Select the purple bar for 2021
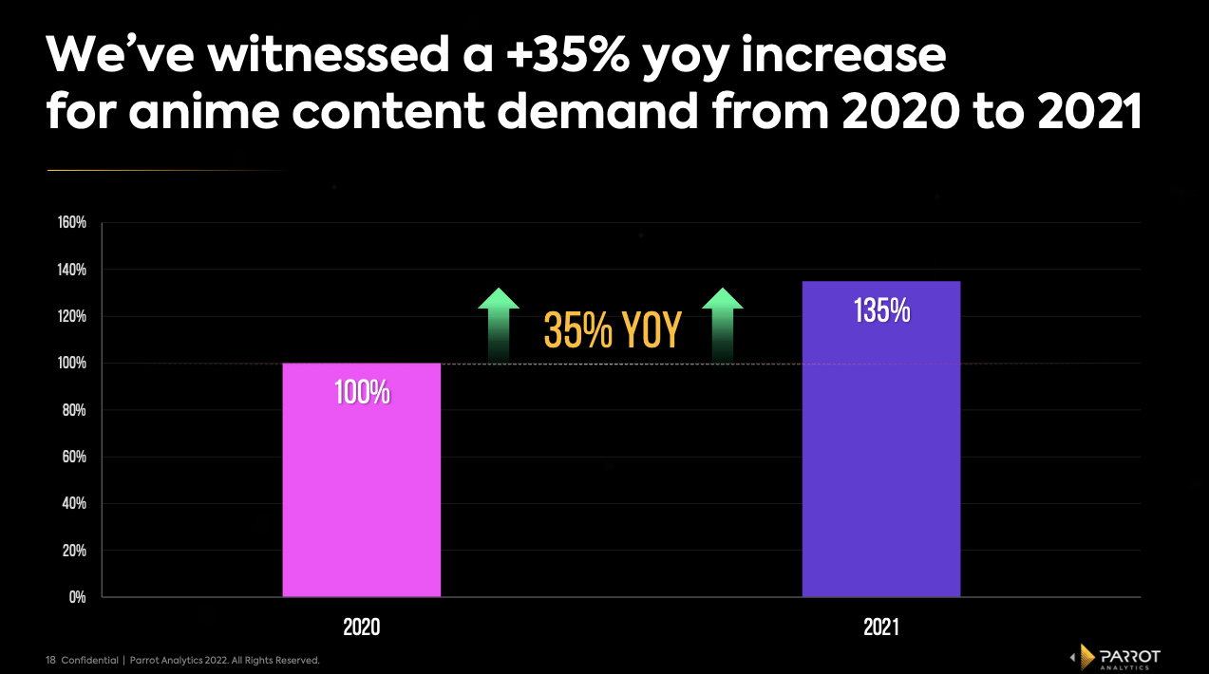point(881,456)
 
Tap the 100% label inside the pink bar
point(362,393)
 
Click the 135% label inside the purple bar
point(881,311)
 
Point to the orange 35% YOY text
point(612,330)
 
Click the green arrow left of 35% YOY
point(499,323)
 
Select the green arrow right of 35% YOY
point(722,323)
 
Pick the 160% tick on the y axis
point(71,223)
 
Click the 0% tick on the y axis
point(77,597)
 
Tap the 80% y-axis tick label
point(74,410)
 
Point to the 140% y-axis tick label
point(71,270)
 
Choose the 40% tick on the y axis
point(74,503)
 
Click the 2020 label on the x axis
point(362,627)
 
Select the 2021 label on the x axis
point(881,627)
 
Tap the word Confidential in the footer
point(90,660)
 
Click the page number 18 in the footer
point(51,660)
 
